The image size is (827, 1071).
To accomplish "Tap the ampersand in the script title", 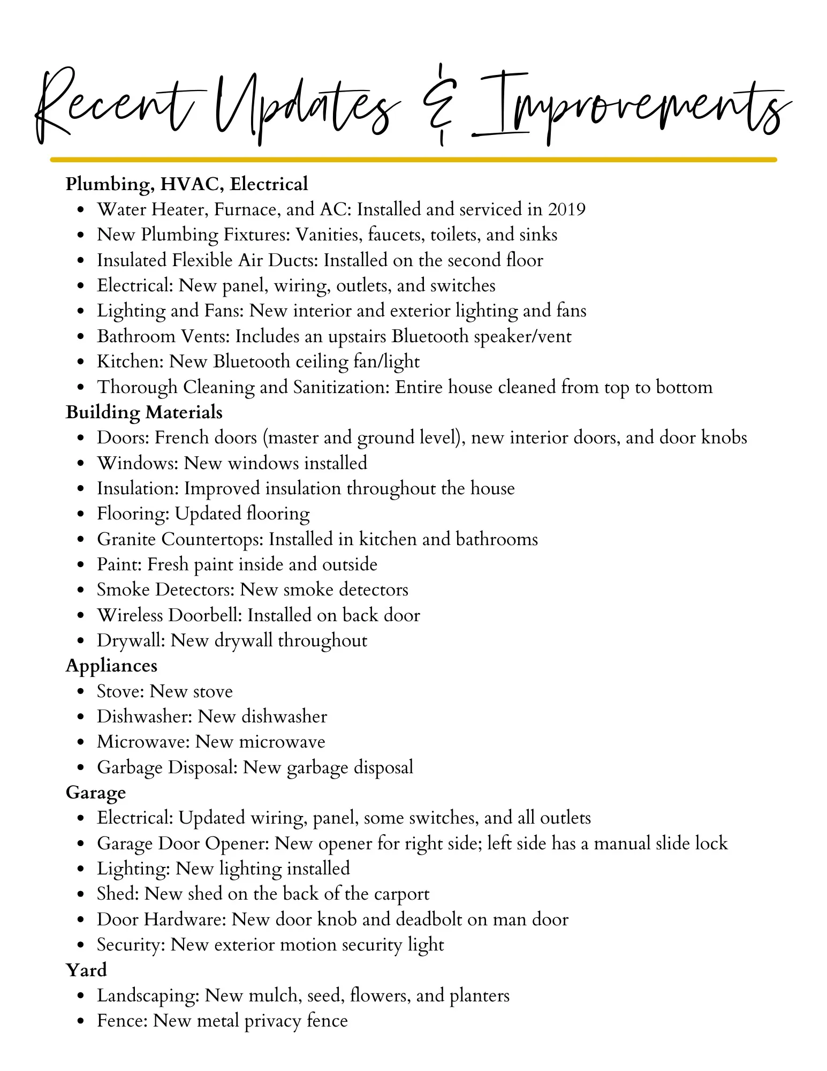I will pyautogui.click(x=440, y=105).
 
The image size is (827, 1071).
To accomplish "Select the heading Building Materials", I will pyautogui.click(x=144, y=412).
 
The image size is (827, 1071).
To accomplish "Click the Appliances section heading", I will pyautogui.click(x=111, y=666).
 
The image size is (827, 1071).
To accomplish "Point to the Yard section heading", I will pyautogui.click(x=86, y=970).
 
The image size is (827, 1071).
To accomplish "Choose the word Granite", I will pyautogui.click(x=126, y=539).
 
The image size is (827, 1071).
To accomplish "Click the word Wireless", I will pyautogui.click(x=130, y=615).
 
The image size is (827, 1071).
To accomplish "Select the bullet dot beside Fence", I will pyautogui.click(x=80, y=1021).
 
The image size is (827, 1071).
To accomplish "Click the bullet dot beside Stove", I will pyautogui.click(x=80, y=692).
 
